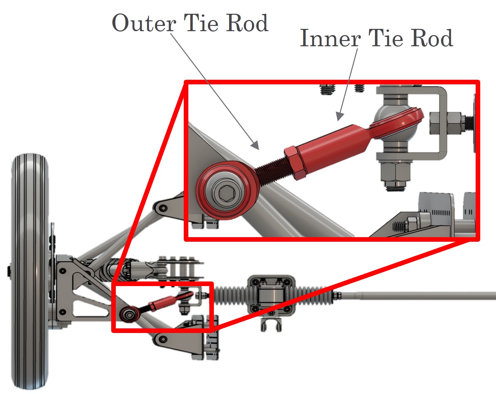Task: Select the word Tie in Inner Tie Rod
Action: point(386,38)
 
